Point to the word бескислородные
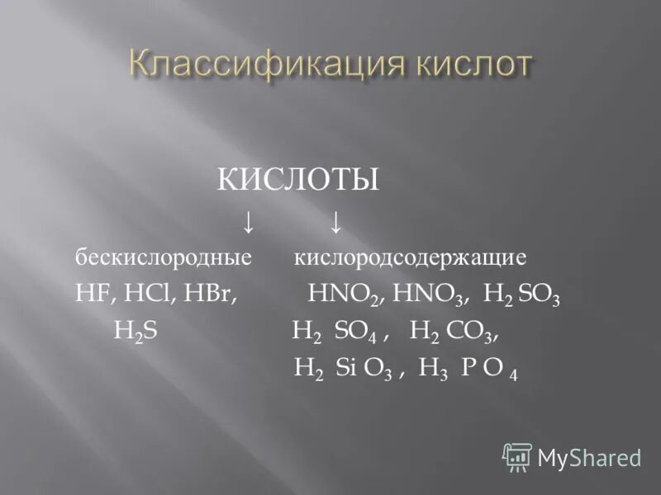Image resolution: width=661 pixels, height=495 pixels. [164, 257]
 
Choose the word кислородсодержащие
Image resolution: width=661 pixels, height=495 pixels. [411, 257]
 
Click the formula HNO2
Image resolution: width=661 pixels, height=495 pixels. [344, 295]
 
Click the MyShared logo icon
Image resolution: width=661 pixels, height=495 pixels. [517, 457]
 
